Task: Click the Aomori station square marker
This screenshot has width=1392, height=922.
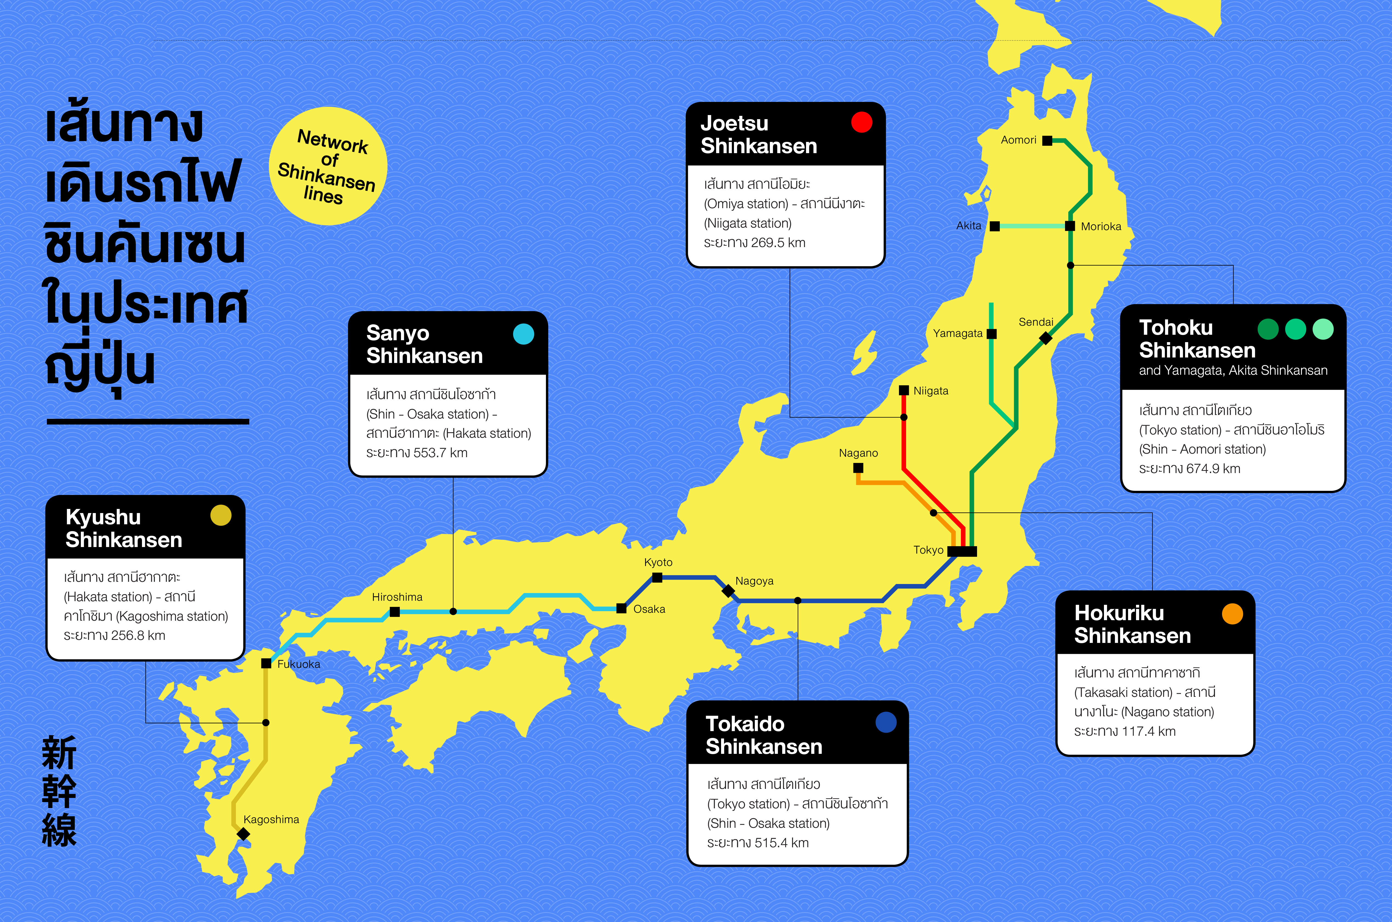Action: pos(1047,141)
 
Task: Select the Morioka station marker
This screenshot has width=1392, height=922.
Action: pos(1070,226)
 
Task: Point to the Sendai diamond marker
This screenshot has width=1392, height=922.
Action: pos(1046,338)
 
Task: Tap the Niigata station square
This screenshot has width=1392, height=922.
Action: pos(904,390)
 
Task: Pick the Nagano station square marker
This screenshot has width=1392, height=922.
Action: pos(858,468)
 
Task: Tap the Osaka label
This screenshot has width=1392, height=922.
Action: pos(649,609)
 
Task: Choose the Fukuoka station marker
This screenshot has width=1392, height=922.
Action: pos(266,663)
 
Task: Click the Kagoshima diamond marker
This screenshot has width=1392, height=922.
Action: pos(243,834)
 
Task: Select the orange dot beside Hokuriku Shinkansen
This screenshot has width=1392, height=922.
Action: pos(1232,614)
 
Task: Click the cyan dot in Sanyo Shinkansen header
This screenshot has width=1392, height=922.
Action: pos(523,334)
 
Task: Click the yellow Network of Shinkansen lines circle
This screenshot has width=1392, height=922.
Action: pos(328,166)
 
